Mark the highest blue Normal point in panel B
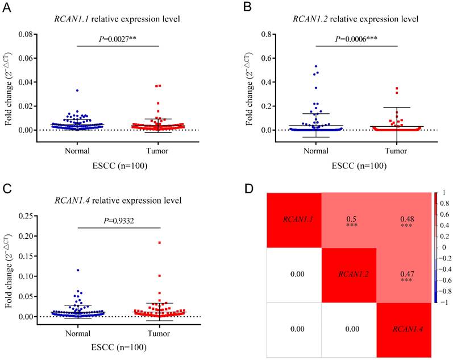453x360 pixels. tap(301, 66)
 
